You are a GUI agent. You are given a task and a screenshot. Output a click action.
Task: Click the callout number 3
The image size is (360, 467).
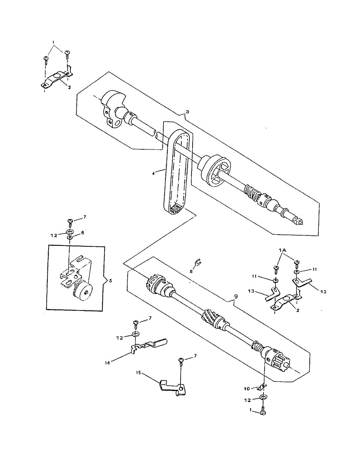[x=187, y=112]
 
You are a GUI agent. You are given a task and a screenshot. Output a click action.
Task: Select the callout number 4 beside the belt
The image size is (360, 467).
[x=154, y=173]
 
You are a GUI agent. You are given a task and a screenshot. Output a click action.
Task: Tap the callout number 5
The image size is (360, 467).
[x=110, y=279]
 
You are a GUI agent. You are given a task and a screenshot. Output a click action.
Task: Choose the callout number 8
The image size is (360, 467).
[x=191, y=271]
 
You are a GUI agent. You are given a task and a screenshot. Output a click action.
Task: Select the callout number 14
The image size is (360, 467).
[x=108, y=363]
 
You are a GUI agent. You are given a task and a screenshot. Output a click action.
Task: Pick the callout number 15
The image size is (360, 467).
[x=138, y=372]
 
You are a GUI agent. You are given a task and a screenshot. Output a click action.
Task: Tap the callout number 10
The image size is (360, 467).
[x=247, y=388]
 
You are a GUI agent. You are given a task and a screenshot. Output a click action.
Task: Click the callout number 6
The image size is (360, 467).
[x=83, y=232]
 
